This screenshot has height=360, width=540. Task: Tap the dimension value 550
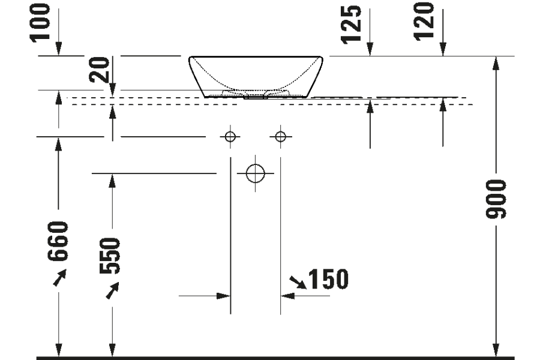pyautogui.click(x=112, y=256)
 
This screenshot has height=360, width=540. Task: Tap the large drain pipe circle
pyautogui.click(x=256, y=173)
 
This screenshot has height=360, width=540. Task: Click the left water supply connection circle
pyautogui.click(x=229, y=137)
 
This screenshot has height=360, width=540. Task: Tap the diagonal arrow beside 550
pyautogui.click(x=112, y=291)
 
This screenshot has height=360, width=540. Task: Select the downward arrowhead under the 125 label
pyautogui.click(x=370, y=50)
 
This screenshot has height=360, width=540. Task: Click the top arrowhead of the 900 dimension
pyautogui.click(x=496, y=62)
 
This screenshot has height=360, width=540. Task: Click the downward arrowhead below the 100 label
pyautogui.click(x=59, y=50)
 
